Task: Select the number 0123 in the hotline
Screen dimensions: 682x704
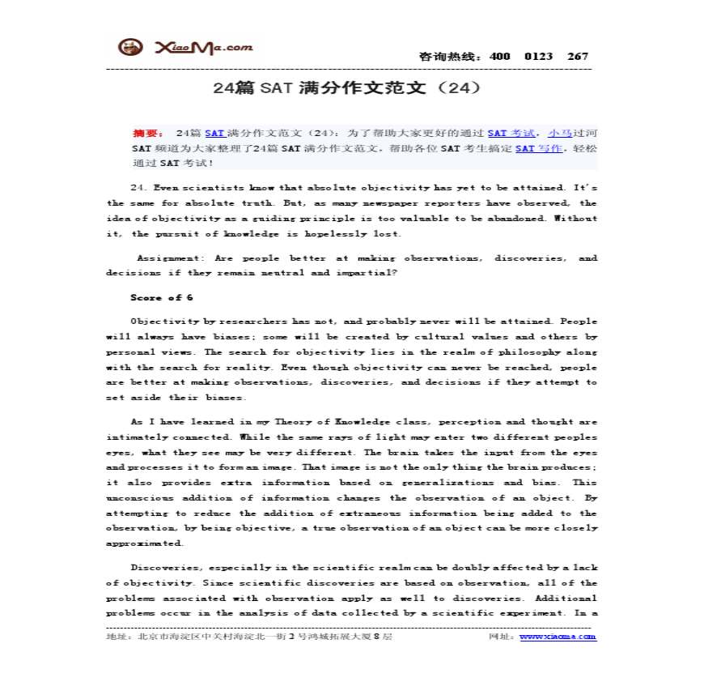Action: pos(538,56)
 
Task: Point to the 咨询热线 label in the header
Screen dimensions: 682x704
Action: pos(450,57)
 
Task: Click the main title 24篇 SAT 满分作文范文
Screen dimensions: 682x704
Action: pos(347,87)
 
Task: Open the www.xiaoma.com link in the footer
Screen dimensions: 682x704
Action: pos(558,637)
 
